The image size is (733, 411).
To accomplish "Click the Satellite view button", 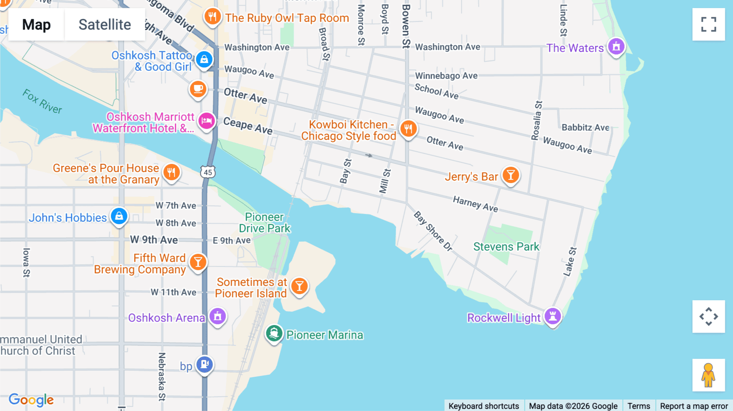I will pyautogui.click(x=105, y=25).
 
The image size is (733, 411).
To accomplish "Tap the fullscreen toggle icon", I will pyautogui.click(x=709, y=24).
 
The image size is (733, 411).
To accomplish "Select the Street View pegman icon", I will pyautogui.click(x=708, y=375).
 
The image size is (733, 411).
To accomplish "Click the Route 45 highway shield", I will pyautogui.click(x=208, y=172).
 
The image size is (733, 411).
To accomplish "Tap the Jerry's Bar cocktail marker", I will pyautogui.click(x=510, y=175).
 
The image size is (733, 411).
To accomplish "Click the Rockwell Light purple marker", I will pyautogui.click(x=553, y=316).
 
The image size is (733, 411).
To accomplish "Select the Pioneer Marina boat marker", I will pyautogui.click(x=274, y=334).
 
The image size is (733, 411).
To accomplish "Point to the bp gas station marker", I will pyautogui.click(x=204, y=364).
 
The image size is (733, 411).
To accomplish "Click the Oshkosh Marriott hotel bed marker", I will pyautogui.click(x=206, y=121).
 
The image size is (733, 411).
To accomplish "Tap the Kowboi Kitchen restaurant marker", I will pyautogui.click(x=408, y=129).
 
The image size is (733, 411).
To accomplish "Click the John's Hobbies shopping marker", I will pyautogui.click(x=119, y=216).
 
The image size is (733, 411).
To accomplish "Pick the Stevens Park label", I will pyautogui.click(x=506, y=247).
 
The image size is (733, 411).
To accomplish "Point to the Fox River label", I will pyautogui.click(x=42, y=101).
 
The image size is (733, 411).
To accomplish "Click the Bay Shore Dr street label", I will pyautogui.click(x=433, y=231).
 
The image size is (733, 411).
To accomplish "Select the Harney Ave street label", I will pyautogui.click(x=475, y=204).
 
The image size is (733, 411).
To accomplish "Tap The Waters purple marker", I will pyautogui.click(x=616, y=47).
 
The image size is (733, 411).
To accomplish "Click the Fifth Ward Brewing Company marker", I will pyautogui.click(x=198, y=262).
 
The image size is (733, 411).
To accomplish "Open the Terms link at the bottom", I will pyautogui.click(x=639, y=406).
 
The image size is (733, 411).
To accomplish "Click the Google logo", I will pyautogui.click(x=31, y=400).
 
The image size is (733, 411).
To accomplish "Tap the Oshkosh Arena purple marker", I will pyautogui.click(x=217, y=316).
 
